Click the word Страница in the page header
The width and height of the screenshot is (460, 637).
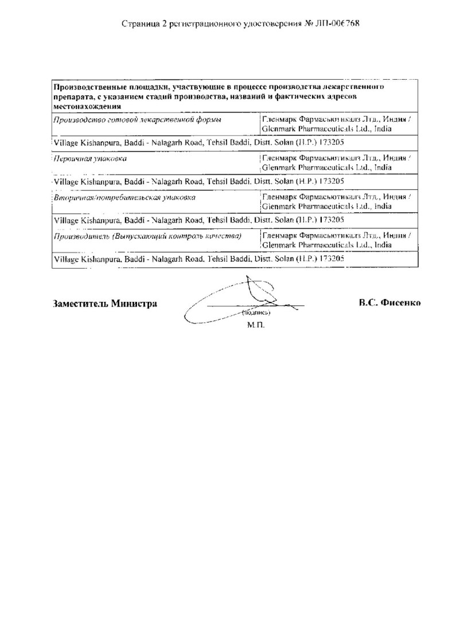tap(140, 24)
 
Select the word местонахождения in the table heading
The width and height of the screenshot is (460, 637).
tap(87, 106)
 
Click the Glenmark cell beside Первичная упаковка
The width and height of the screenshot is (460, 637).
tap(335, 162)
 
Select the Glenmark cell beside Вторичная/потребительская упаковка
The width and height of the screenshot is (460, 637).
tap(335, 201)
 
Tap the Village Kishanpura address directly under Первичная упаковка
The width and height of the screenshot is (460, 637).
tap(198, 181)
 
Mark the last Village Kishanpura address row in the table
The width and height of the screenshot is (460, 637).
tap(198, 259)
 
